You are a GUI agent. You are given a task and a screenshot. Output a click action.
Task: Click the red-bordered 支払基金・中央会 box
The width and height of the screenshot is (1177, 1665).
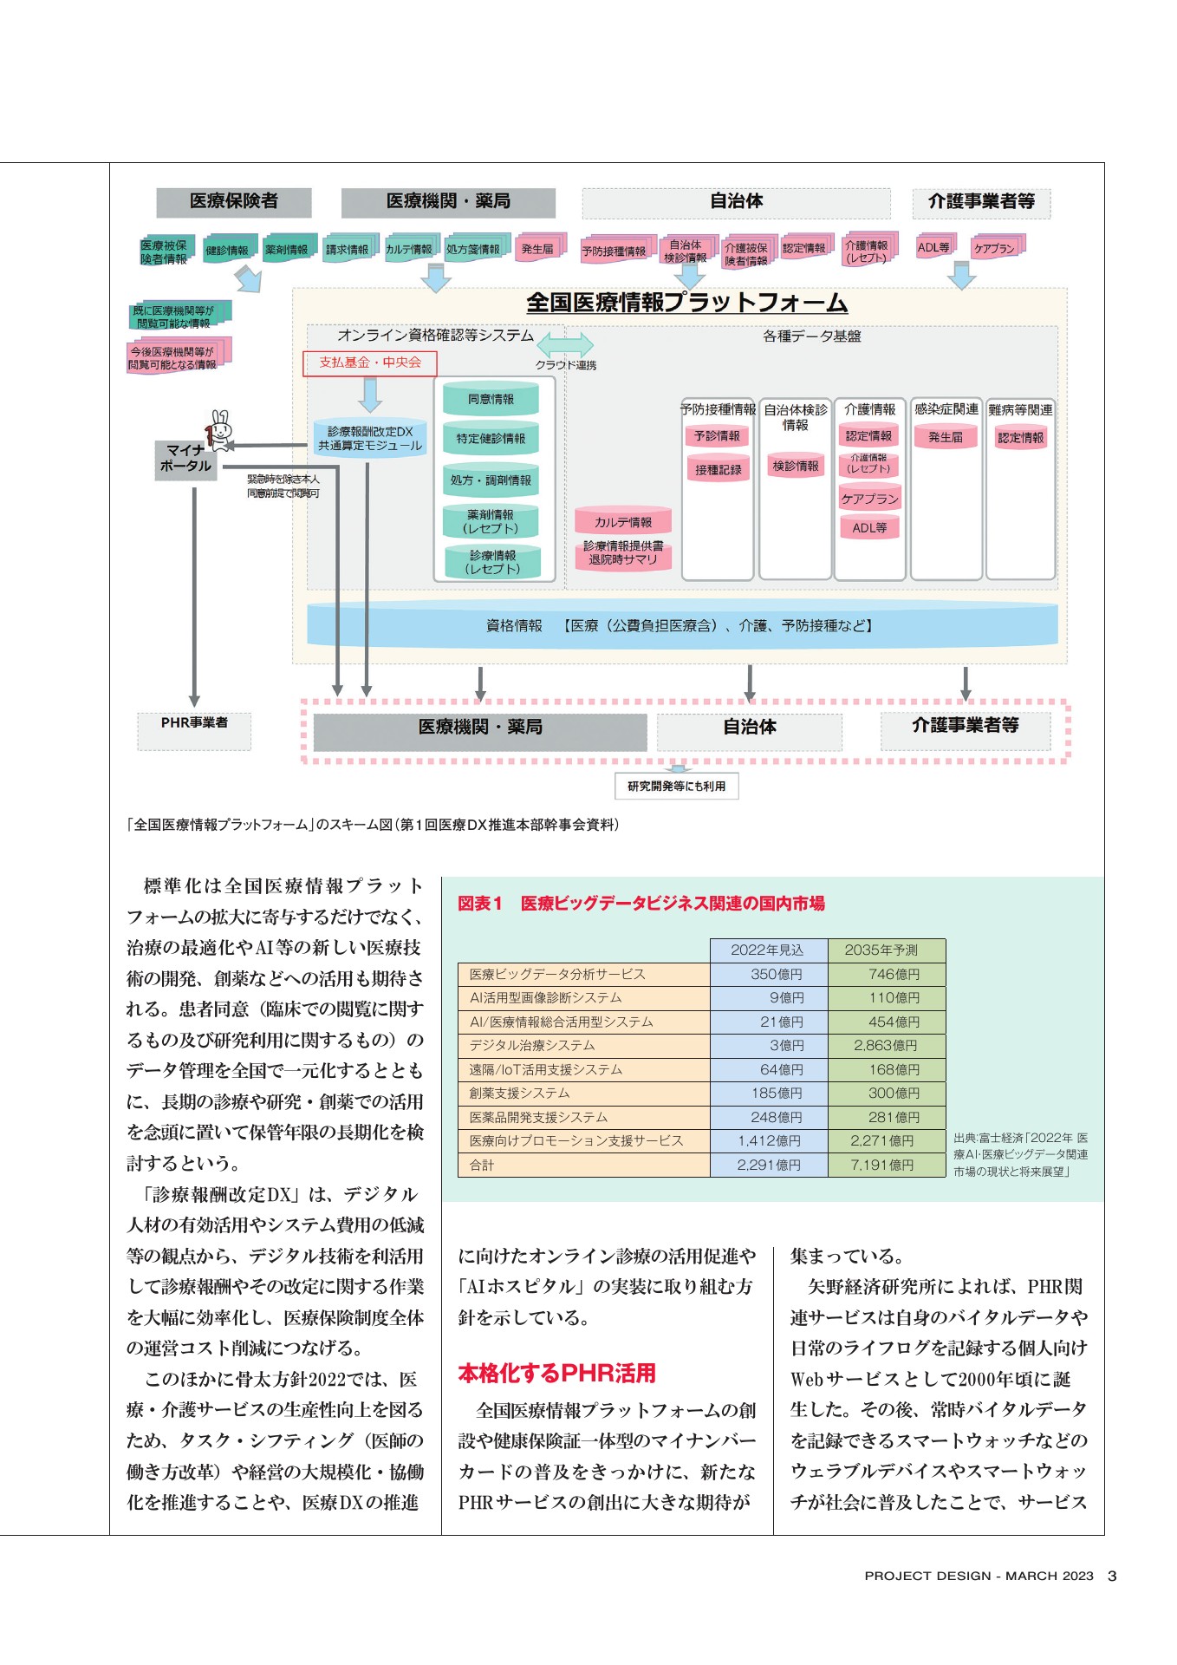pyautogui.click(x=370, y=362)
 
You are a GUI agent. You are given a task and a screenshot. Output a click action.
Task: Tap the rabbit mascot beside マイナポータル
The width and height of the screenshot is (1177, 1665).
pyautogui.click(x=220, y=431)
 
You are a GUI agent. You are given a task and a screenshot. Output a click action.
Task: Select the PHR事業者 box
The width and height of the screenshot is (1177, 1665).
pyautogui.click(x=194, y=730)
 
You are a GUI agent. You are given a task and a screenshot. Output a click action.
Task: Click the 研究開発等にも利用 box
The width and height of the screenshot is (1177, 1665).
pyautogui.click(x=677, y=786)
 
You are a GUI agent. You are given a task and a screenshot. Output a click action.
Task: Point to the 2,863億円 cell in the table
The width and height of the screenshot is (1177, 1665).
pyautogui.click(x=886, y=1046)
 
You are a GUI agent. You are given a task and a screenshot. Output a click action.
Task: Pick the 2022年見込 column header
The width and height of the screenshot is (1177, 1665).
pyautogui.click(x=769, y=950)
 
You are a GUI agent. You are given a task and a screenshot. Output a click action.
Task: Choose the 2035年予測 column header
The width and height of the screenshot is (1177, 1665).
pyautogui.click(x=886, y=950)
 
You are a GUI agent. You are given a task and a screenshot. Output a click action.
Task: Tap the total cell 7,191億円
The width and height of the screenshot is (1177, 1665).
pyautogui.click(x=886, y=1165)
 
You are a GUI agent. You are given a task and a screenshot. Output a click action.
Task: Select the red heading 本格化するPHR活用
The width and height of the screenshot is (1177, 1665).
pyautogui.click(x=557, y=1373)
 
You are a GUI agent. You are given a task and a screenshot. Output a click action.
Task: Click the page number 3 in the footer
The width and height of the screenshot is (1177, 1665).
pyautogui.click(x=1112, y=1576)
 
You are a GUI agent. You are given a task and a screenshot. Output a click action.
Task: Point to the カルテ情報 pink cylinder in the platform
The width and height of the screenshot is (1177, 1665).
pyautogui.click(x=623, y=521)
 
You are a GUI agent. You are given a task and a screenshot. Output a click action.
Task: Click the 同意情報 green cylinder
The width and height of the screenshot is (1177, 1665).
pyautogui.click(x=491, y=399)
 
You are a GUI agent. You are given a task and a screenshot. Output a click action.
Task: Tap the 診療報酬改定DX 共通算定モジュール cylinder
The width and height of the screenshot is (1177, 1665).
pyautogui.click(x=370, y=438)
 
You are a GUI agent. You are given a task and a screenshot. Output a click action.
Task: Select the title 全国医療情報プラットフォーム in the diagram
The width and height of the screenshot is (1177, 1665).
pyautogui.click(x=687, y=302)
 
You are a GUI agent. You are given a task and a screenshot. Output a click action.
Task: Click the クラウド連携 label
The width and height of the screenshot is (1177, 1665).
pyautogui.click(x=566, y=365)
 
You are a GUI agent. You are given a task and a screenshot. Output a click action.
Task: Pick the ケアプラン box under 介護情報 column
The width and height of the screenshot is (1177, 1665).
pyautogui.click(x=870, y=499)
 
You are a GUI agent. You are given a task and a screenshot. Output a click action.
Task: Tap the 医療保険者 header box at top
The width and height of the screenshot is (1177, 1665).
pyautogui.click(x=234, y=201)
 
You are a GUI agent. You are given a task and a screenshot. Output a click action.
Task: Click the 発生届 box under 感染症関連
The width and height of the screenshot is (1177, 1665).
pyautogui.click(x=946, y=437)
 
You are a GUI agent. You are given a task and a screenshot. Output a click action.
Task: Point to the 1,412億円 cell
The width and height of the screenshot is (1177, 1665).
pyautogui.click(x=769, y=1141)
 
